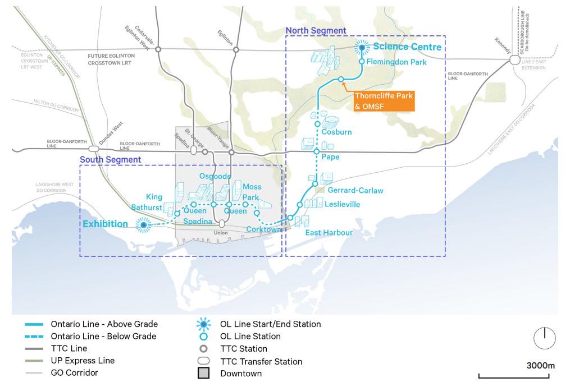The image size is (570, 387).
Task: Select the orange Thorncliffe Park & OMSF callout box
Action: coord(384,100)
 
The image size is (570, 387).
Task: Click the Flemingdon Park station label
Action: coord(397,62)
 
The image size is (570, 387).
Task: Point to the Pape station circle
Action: coord(316,152)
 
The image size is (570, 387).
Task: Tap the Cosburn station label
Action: coord(337,132)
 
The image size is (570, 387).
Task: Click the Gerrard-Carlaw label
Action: coord(355,190)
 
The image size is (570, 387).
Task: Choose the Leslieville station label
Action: coord(342,204)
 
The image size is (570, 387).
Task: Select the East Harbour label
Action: coord(329,233)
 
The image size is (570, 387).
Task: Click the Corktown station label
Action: coord(263,229)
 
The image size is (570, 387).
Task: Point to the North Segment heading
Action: coord(316,30)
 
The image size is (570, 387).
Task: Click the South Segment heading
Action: coord(111,160)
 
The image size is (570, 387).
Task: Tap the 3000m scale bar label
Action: coord(540,366)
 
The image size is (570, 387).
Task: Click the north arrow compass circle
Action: coord(544,338)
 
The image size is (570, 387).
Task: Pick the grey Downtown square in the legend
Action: coord(203,374)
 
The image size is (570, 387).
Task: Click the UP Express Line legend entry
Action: coord(83,361)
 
